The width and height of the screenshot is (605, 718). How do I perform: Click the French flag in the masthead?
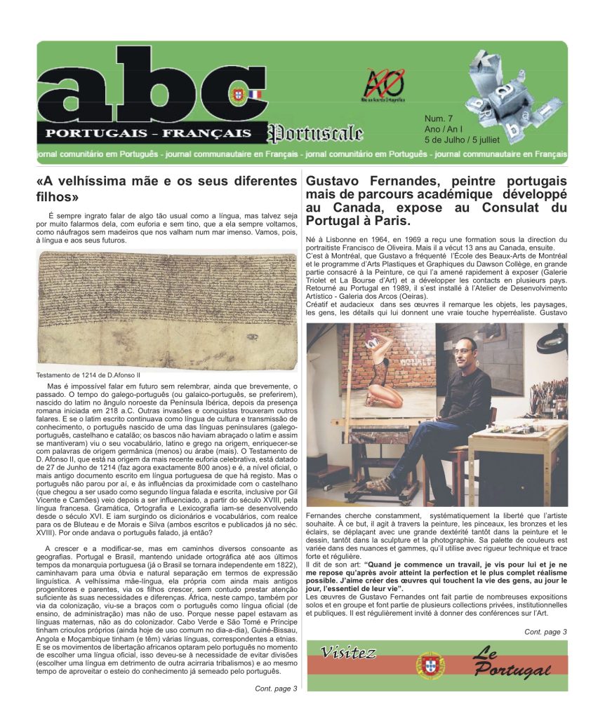[x=255, y=94]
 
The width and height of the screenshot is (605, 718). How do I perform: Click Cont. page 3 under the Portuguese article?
[x=276, y=689]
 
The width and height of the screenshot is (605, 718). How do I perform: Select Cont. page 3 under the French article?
[x=545, y=632]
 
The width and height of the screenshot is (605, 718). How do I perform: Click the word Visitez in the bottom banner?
[x=348, y=653]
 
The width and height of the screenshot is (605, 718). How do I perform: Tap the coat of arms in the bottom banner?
[x=430, y=664]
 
